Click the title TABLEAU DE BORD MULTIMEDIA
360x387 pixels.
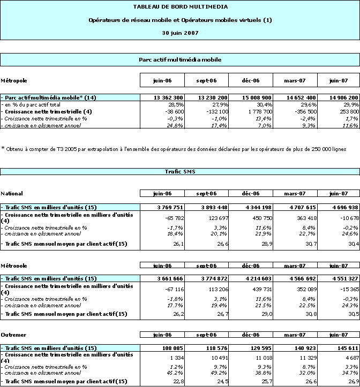pos(180,7)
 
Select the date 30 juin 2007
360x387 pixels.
pos(180,33)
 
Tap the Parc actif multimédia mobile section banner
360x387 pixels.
pos(180,59)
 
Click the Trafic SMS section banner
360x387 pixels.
pos(180,172)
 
